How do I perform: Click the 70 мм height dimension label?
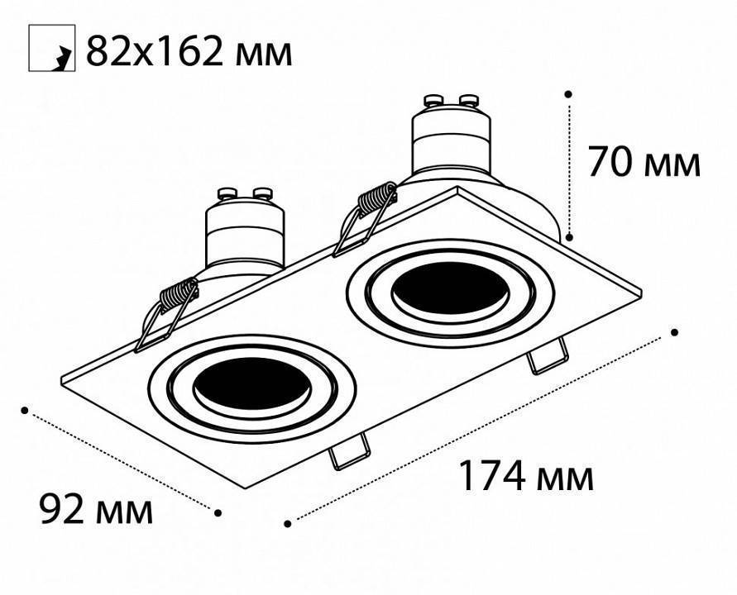coord(644,162)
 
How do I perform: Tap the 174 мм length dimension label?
coord(526,477)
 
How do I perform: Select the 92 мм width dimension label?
coord(97,510)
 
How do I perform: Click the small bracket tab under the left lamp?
coord(348,452)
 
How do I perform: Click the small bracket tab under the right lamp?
coord(548,357)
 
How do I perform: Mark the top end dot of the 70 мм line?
coord(569,95)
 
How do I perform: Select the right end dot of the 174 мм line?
coord(675,332)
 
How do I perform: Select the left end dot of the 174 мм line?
coord(287,522)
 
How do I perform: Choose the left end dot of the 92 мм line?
coord(26,409)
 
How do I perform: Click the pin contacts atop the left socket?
coord(245,196)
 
